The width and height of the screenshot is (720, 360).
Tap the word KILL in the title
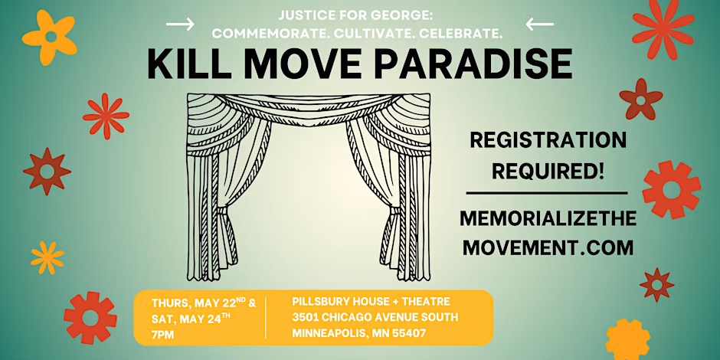pos(188,65)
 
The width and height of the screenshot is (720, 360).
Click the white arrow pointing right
pos(180,24)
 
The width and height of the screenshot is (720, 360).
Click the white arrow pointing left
pos(539,24)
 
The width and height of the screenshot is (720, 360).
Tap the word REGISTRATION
pos(548,140)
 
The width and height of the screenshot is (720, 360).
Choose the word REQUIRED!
pos(548,172)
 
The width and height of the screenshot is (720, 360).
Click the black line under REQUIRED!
pos(547,193)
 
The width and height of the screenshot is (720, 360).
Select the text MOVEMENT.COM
pos(548,248)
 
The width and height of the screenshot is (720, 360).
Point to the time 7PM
pos(162,335)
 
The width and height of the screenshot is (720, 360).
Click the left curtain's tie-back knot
pos(222,211)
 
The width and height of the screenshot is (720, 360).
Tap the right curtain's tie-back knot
pos(394,211)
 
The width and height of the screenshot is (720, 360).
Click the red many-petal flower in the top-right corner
pos(663,28)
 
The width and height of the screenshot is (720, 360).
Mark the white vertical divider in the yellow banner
pos(266,317)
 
